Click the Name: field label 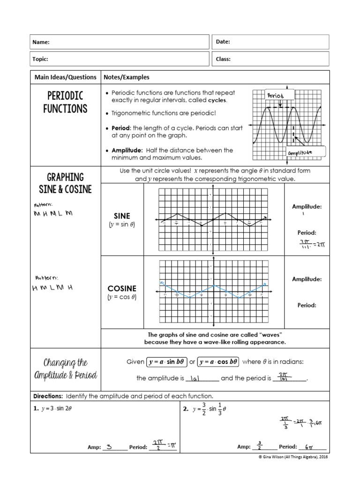coord(41,42)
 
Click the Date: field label coord(223,42)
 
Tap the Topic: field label coord(40,59)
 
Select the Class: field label coord(223,59)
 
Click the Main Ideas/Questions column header coord(65,77)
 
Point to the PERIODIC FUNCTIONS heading coord(66,102)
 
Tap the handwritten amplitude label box coord(300,153)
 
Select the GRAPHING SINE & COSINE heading coord(65,183)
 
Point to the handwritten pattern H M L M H coord(52,286)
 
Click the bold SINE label coord(122,216)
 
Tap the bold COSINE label coord(122,288)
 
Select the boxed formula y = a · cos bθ coord(218,362)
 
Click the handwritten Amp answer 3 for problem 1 coord(109,447)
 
